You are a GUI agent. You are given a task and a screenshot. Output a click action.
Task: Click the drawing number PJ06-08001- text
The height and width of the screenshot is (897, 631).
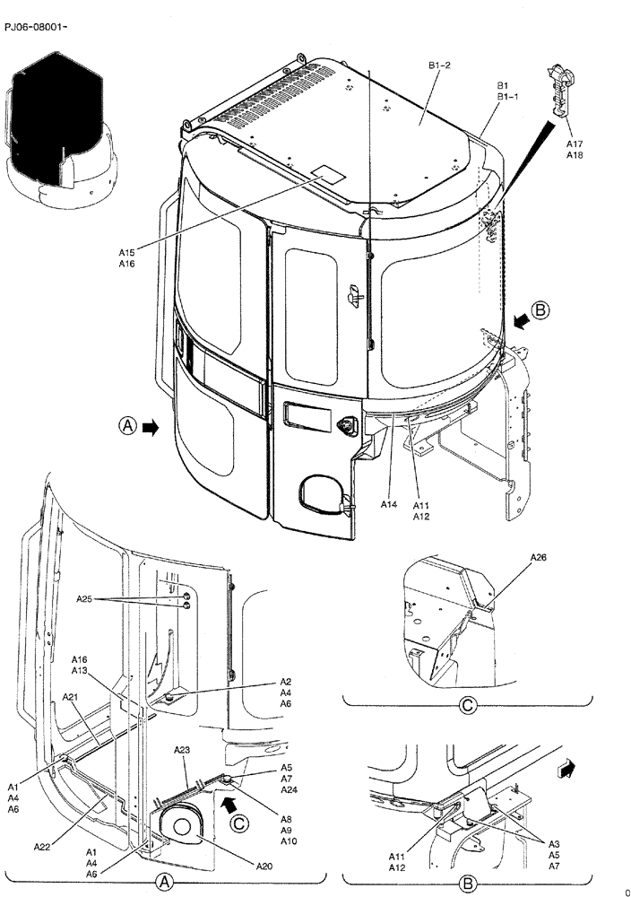coord(36,27)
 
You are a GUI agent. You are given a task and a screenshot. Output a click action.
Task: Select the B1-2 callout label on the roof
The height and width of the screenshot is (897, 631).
coord(439,65)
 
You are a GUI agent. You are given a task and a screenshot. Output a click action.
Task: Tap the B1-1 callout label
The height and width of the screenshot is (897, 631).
coord(508,97)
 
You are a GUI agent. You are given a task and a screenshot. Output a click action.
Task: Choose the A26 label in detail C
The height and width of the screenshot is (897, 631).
coord(538,557)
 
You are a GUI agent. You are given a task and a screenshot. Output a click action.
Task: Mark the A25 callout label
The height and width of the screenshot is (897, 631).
coord(84,598)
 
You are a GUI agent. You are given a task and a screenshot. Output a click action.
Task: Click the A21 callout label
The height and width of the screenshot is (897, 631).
coord(71,697)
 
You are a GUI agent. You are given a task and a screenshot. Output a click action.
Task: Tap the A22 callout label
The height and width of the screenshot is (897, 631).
coord(42,846)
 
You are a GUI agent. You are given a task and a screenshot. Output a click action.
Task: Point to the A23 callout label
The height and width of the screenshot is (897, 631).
coord(181,751)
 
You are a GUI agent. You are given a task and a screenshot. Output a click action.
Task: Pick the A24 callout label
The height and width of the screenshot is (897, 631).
coord(289,790)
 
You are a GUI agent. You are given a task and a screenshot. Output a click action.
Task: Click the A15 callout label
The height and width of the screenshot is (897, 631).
coord(126,253)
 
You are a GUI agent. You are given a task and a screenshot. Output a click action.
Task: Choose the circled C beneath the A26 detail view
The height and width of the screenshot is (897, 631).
coord(467,705)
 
